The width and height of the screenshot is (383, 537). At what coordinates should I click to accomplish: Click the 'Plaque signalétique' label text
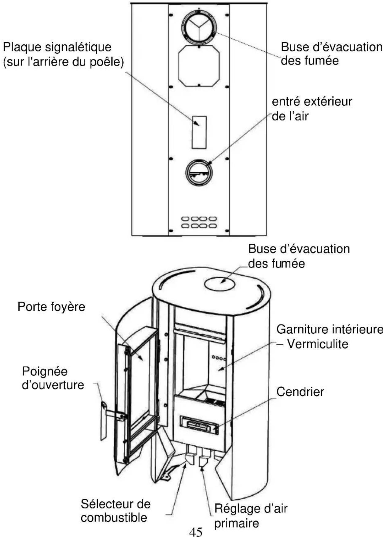tap(57, 47)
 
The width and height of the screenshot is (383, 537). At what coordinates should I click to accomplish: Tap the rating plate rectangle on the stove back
tap(199, 132)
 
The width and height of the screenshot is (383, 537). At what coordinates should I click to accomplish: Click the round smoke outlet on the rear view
tap(199, 26)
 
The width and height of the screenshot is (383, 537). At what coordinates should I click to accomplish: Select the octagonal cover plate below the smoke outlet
tap(199, 65)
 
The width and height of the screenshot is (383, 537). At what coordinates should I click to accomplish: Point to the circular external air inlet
tap(199, 172)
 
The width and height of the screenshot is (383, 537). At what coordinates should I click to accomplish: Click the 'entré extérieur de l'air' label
tap(312, 109)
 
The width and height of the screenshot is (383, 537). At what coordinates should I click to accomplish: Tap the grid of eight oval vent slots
tap(199, 222)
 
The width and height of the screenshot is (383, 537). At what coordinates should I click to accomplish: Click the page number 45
tap(196, 532)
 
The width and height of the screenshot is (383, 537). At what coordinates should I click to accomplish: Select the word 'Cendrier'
tap(300, 392)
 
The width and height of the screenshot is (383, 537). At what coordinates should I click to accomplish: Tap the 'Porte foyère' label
tap(51, 306)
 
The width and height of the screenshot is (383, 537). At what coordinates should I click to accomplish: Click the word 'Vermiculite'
tap(318, 344)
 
